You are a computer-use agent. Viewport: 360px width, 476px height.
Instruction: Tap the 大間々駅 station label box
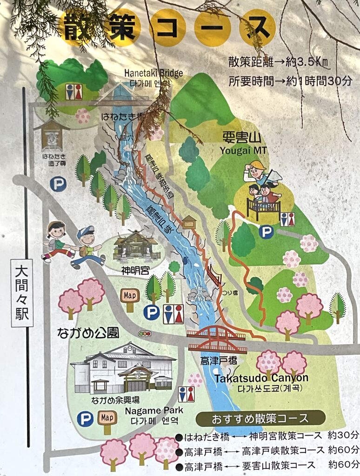(22, 292)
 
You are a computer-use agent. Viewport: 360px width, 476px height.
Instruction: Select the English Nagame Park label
(153, 411)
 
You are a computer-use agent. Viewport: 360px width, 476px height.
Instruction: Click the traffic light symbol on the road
(145, 334)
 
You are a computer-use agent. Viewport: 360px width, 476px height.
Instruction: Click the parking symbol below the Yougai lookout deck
(266, 231)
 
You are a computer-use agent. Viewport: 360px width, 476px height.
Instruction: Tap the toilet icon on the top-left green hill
(73, 92)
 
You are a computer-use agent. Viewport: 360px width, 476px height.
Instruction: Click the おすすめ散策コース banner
(260, 417)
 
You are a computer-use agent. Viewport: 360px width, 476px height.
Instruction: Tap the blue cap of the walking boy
(86, 231)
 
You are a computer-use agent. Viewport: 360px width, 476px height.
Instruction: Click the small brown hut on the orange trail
(189, 222)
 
